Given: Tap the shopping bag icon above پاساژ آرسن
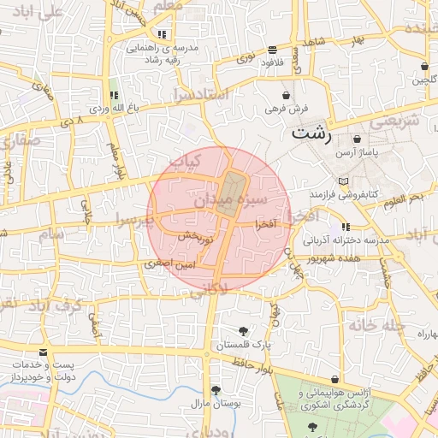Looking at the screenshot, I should pos(357,139).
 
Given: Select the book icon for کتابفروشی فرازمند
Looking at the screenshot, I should pos(343,182).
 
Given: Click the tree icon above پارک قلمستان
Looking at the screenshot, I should pos(245,331).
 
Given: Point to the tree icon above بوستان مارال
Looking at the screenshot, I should pos(214,389).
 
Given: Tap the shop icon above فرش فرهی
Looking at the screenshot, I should pos(285,95).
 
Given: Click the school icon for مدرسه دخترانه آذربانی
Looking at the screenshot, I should pos(346,227).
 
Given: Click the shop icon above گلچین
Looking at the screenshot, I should pos(424,67).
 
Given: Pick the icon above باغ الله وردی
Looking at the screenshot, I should pos(113,95).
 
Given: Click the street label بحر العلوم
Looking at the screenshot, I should pos(404,200).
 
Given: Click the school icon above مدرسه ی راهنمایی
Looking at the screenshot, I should pos(162,34).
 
